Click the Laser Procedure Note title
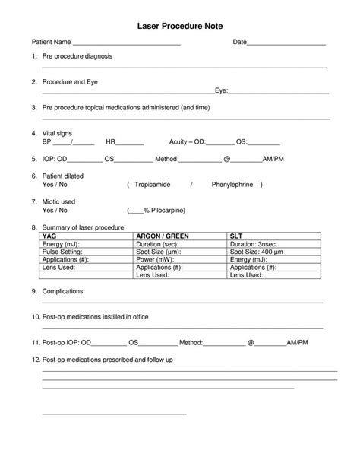[x=180, y=26]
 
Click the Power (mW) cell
[x=155, y=259]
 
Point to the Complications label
[x=63, y=292]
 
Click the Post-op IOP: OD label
[x=68, y=343]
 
